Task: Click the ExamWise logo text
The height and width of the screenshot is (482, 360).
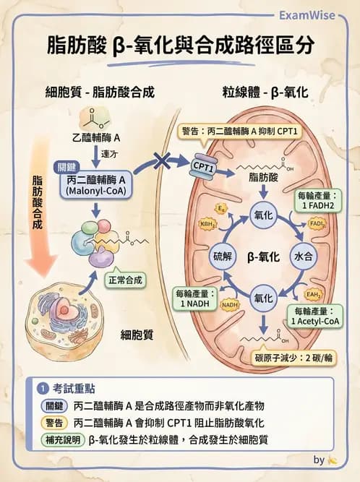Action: [x=320, y=14]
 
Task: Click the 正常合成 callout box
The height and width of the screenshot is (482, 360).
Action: [x=124, y=280]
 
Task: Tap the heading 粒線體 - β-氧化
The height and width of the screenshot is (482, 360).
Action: [x=265, y=92]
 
